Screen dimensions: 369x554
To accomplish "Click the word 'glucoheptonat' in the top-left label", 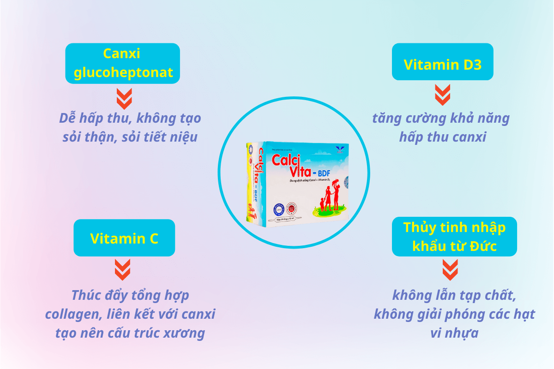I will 122,72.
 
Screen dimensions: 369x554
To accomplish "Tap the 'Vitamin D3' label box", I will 443,65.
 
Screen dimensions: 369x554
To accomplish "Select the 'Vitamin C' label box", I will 124,238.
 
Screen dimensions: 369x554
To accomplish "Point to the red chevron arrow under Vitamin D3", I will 443,95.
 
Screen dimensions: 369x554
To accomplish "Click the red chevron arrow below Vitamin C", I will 122,270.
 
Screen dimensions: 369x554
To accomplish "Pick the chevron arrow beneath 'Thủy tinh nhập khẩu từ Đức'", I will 450,270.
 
